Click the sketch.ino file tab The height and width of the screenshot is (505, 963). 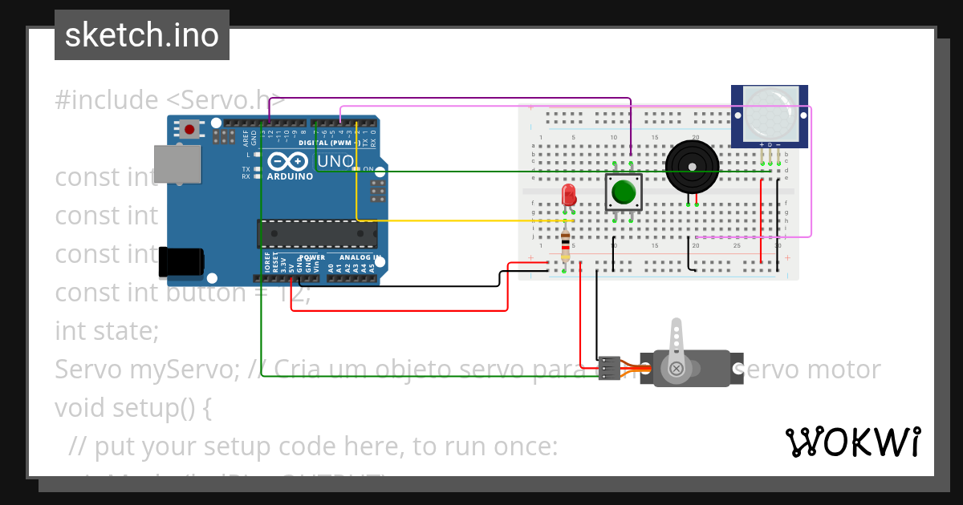[x=142, y=35]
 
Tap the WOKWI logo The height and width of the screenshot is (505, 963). [x=852, y=442]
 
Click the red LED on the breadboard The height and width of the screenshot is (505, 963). [x=569, y=195]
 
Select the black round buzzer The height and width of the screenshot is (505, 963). [x=692, y=167]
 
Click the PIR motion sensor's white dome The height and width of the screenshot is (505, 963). [x=769, y=113]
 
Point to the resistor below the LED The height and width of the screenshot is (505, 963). [x=566, y=244]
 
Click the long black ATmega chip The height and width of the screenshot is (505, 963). [x=317, y=233]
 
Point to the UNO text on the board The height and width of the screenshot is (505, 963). [x=335, y=161]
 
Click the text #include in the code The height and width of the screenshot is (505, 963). [x=106, y=100]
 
